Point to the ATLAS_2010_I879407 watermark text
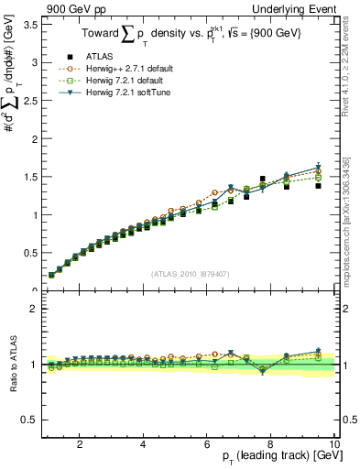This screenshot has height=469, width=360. pos(190,272)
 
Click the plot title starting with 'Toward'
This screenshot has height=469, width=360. pos(183,35)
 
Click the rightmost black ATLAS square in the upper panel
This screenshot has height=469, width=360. pos(319,186)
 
